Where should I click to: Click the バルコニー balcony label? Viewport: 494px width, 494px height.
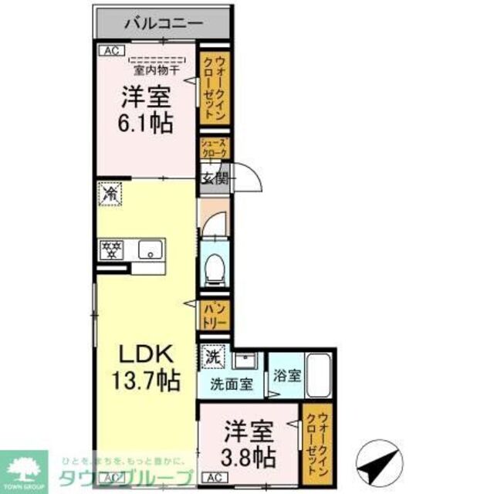click(162, 23)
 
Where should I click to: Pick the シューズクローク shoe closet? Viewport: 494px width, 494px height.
click(214, 148)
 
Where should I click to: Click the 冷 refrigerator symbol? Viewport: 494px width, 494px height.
click(110, 193)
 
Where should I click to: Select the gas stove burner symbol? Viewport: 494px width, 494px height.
click(113, 249)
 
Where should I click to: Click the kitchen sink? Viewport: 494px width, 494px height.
click(151, 249)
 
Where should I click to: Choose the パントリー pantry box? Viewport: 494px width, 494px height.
click(213, 315)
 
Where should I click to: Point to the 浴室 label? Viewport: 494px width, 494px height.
click(286, 377)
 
